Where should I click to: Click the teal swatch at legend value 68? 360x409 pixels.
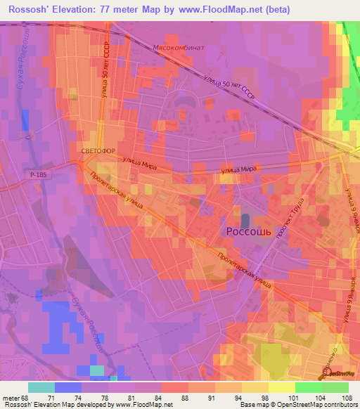(x=41, y=387)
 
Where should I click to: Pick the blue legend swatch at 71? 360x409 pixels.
(x=68, y=387)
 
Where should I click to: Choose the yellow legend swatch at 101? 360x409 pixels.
(x=282, y=387)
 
